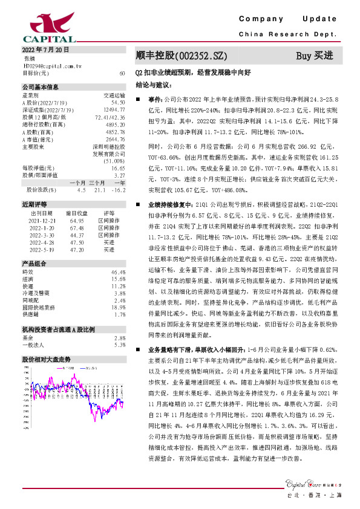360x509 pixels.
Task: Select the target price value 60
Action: pyautogui.click(x=122, y=73)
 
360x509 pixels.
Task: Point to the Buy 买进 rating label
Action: pyautogui.click(x=315, y=56)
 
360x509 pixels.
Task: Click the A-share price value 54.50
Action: pyautogui.click(x=118, y=103)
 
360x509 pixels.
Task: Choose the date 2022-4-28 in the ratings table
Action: pyautogui.click(x=42, y=242)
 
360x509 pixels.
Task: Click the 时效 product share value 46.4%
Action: pyautogui.click(x=119, y=273)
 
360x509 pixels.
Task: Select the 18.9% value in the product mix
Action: pyautogui.click(x=119, y=307)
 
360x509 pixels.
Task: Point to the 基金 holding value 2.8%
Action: pyautogui.click(x=120, y=338)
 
